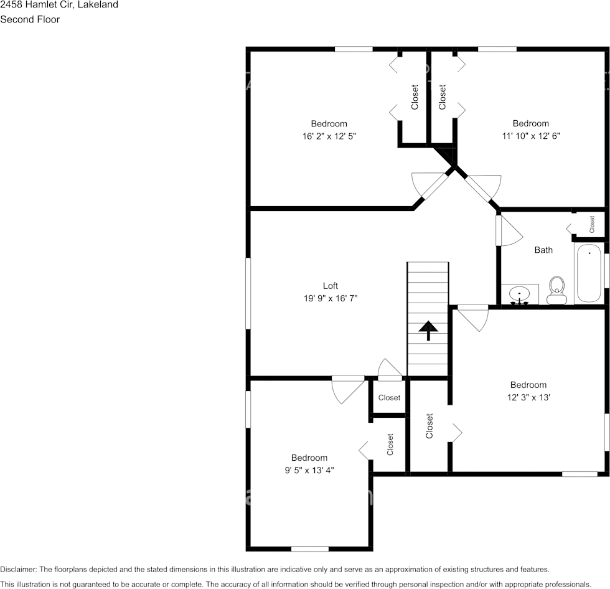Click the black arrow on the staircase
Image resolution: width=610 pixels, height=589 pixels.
click(428, 331)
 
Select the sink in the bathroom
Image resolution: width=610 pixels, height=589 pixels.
click(519, 294)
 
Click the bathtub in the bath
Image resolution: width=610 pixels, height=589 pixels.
click(589, 273)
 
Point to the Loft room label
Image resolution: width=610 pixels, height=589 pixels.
click(330, 286)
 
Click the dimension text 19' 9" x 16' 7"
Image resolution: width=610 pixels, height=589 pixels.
click(330, 298)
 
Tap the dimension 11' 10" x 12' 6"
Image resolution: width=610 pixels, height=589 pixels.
click(530, 136)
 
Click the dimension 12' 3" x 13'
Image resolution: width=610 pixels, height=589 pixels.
click(528, 397)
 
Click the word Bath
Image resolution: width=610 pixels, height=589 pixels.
click(543, 250)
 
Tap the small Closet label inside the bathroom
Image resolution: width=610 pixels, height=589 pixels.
click(592, 224)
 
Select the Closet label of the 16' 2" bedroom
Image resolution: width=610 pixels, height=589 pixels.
click(415, 97)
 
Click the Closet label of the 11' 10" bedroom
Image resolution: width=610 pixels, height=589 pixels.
click(443, 97)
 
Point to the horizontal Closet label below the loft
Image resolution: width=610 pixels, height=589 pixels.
click(389, 397)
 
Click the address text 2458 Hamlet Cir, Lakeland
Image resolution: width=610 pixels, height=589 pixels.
click(59, 5)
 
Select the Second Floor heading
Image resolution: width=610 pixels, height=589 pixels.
click(30, 19)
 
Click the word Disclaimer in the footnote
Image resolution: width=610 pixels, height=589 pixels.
click(19, 569)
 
